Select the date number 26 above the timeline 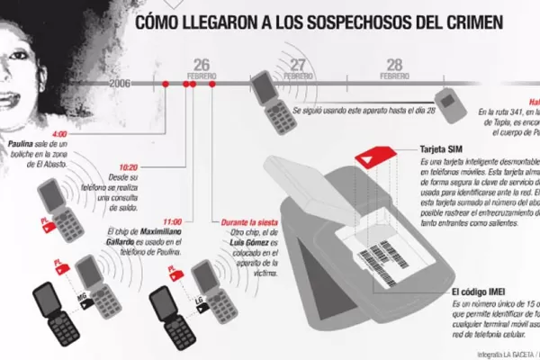pyautogui.click(x=202, y=63)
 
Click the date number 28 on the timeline pyautogui.click(x=394, y=63)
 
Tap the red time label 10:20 pyautogui.click(x=128, y=167)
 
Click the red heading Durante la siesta pyautogui.click(x=248, y=220)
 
